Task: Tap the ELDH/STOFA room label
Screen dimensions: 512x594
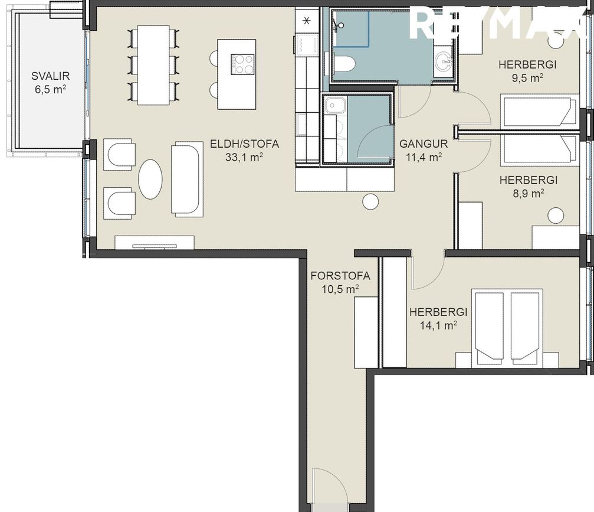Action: (244, 144)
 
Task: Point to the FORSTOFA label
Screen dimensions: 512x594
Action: (340, 276)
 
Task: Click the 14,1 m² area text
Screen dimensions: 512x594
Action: (438, 324)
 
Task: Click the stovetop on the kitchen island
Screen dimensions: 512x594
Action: (242, 64)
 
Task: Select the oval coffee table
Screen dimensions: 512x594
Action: (150, 180)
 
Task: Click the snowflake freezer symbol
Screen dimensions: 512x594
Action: (306, 21)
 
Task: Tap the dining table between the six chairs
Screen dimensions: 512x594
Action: (153, 65)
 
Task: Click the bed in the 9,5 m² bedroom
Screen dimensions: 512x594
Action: (539, 112)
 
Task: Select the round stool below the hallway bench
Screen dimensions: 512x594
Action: (370, 202)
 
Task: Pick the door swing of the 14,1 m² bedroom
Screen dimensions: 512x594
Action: (426, 272)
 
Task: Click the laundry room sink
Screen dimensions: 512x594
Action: (336, 105)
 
